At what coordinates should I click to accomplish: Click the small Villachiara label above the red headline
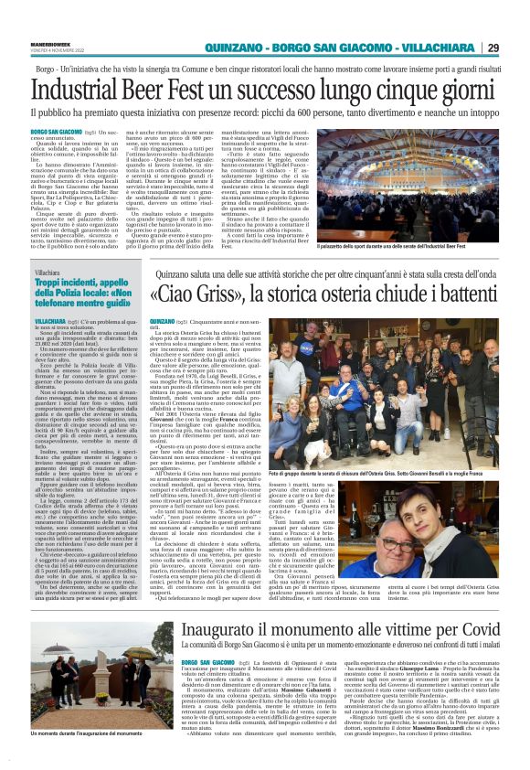tap(52, 248)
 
